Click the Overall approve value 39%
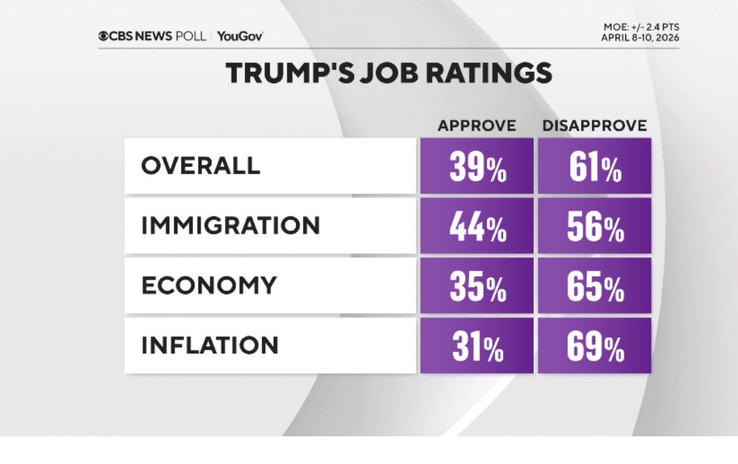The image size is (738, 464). coord(477,168)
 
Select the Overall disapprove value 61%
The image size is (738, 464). coord(594,168)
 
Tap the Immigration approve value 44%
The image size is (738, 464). coord(477,228)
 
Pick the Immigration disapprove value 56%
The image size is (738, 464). coord(594,228)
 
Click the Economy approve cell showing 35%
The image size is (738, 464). coord(477,288)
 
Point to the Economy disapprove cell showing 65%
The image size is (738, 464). coord(594,288)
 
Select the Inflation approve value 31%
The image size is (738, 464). coord(477,348)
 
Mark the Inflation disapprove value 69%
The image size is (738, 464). coord(594,348)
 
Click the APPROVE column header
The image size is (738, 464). coord(477,125)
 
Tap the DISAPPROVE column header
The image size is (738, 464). coord(594,125)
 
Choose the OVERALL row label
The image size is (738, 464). coord(200,166)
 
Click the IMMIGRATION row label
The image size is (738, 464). coord(230,226)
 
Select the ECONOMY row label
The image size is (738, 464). coord(208,285)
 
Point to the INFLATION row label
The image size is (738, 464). coord(210,345)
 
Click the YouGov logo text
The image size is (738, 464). coord(240,36)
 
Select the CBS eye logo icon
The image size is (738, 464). coord(104,36)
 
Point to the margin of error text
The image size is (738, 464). coord(640,27)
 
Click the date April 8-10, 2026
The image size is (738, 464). coord(640,37)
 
